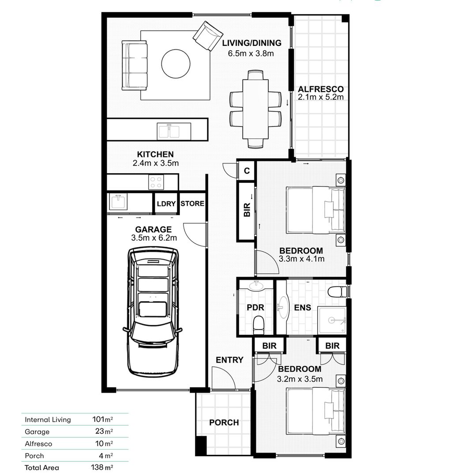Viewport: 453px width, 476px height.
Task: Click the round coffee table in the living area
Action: [x=176, y=64]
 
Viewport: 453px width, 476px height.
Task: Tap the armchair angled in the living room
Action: [x=208, y=36]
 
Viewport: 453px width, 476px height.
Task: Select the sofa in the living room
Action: [x=135, y=65]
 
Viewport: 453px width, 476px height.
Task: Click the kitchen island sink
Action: [x=169, y=131]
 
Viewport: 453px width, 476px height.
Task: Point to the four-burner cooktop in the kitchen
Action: [x=156, y=182]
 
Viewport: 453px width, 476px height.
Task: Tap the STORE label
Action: [x=192, y=204]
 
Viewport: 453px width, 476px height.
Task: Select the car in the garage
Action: [x=153, y=311]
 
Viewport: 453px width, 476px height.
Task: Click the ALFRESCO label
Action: [x=320, y=89]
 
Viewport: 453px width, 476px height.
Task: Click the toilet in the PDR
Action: [x=258, y=324]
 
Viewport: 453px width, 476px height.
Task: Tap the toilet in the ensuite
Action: [x=337, y=292]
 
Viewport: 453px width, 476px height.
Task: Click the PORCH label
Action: [x=224, y=423]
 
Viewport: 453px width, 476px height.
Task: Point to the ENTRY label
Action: [x=229, y=360]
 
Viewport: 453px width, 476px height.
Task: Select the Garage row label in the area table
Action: [x=37, y=432]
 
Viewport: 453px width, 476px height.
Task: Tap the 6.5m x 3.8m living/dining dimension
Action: [x=251, y=54]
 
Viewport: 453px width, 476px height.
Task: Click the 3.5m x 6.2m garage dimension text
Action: [x=153, y=238]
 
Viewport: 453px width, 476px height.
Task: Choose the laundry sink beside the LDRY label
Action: [x=118, y=202]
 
